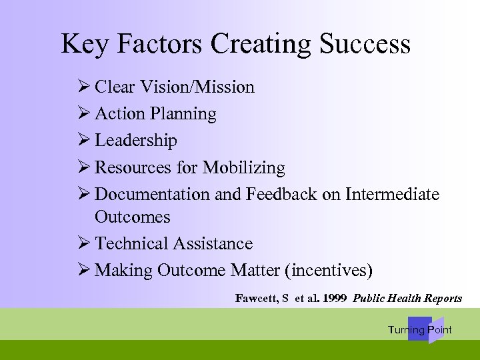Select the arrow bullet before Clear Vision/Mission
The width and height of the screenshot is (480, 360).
coord(84,87)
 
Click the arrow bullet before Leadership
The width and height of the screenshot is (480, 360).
coord(84,141)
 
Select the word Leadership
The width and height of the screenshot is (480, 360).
coord(136,141)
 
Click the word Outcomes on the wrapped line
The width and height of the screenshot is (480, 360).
coord(133,217)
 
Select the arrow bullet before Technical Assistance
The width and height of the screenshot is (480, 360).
coord(84,244)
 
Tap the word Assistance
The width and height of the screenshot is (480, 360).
coord(213,244)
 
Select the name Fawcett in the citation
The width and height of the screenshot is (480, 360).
coord(257,298)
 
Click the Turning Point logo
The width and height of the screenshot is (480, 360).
coord(421,330)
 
